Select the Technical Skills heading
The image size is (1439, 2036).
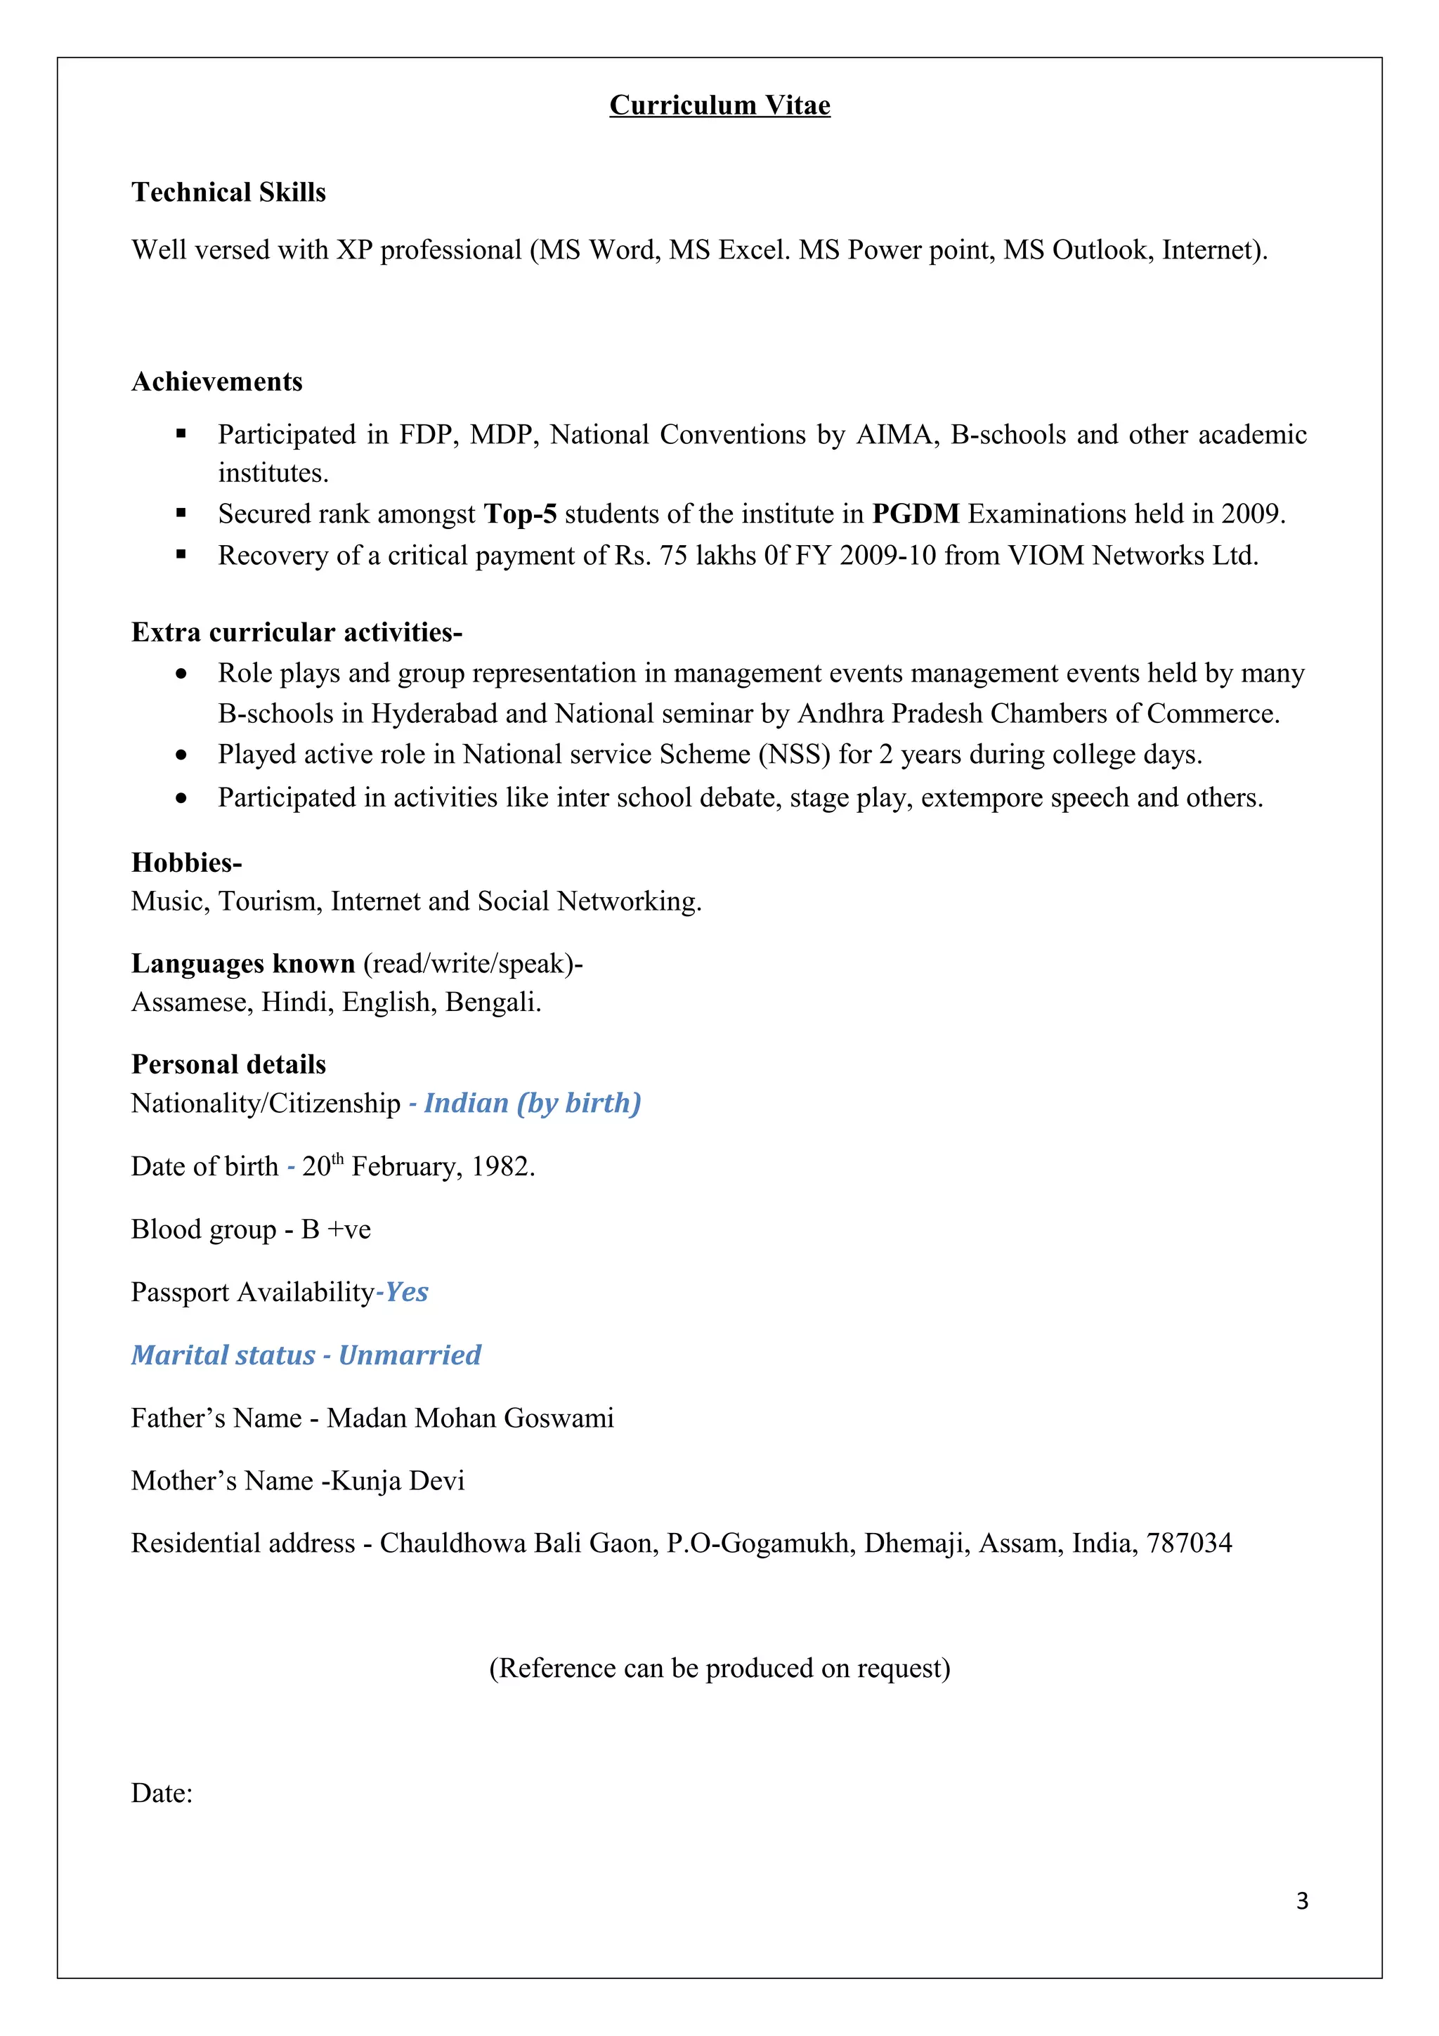(x=229, y=192)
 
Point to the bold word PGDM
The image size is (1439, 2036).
(x=915, y=514)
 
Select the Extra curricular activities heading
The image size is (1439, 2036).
(x=296, y=632)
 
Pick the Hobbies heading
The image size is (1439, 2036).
(x=186, y=862)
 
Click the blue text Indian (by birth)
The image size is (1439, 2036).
(x=532, y=1103)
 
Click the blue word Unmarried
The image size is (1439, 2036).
(x=410, y=1356)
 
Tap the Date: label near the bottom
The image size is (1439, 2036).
(x=162, y=1794)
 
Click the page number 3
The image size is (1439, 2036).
(x=1301, y=1901)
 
